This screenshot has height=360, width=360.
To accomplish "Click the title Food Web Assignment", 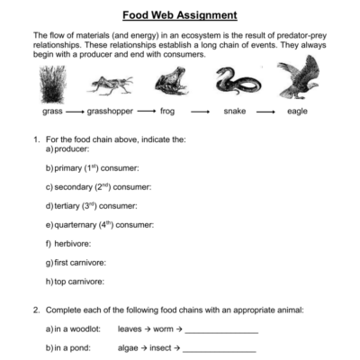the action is pos(180,15).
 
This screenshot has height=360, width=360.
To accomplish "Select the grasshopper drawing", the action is pos(112,85).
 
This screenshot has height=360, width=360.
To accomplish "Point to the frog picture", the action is pos(167,84).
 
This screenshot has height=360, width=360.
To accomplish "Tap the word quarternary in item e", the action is pos(79,224).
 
